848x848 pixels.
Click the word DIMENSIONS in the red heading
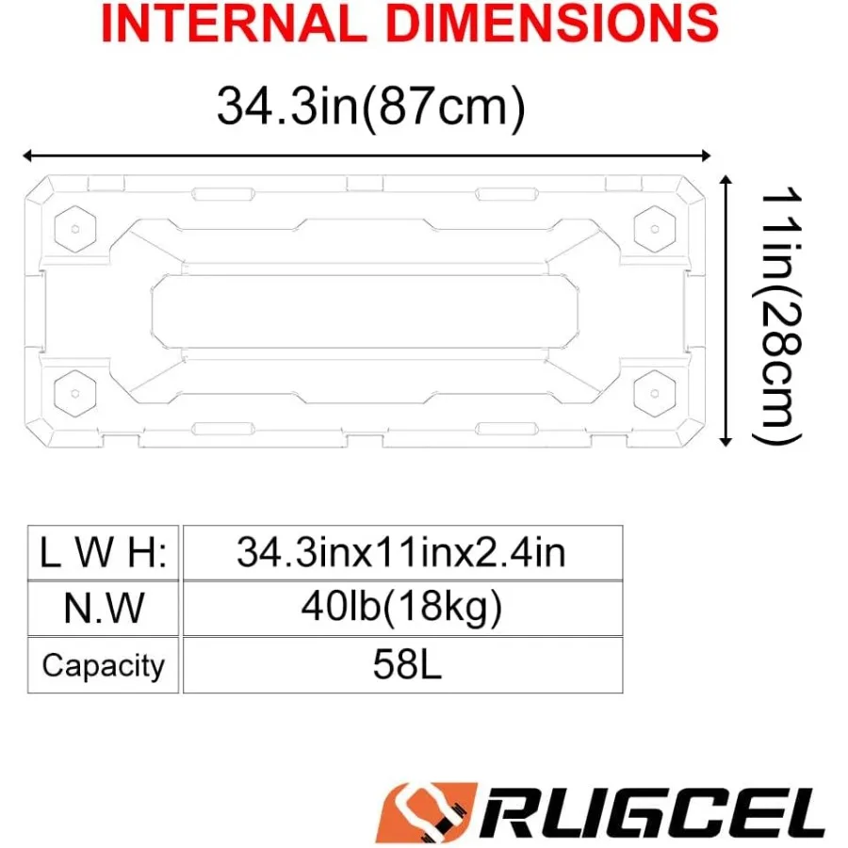[552, 23]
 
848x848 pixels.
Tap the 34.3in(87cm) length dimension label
[371, 106]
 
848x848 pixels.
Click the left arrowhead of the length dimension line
[27, 155]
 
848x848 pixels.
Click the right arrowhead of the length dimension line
[705, 155]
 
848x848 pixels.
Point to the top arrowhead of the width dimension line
[726, 180]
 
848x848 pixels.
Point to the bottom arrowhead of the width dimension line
[726, 442]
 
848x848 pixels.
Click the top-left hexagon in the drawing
[75, 229]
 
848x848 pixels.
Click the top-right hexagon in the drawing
[655, 229]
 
